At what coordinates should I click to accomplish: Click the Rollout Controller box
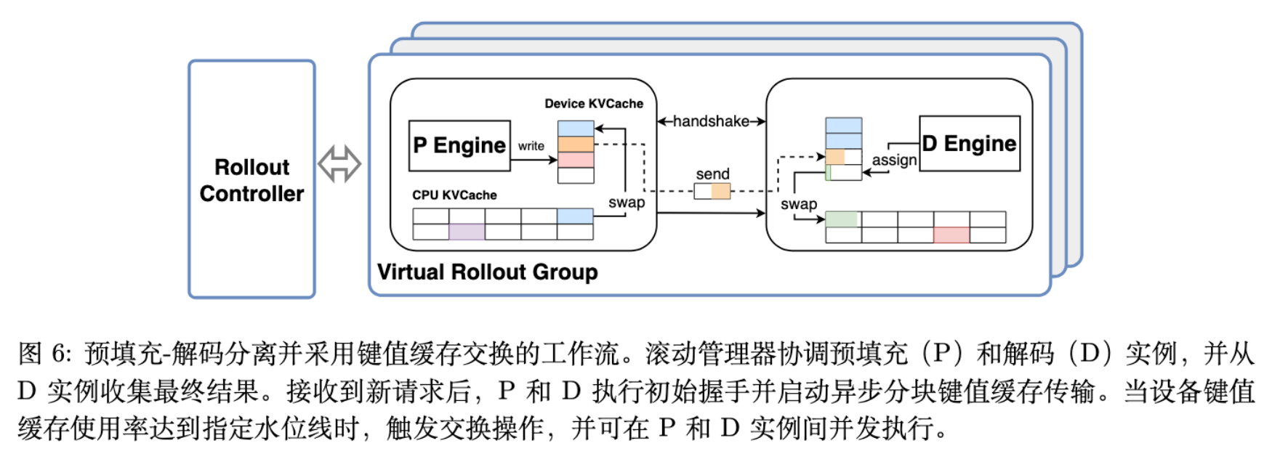tap(251, 179)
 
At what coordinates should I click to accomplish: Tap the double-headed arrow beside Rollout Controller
tap(339, 163)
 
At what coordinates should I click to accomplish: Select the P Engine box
tap(459, 146)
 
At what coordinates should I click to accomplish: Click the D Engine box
tap(970, 144)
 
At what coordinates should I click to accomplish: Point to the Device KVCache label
tap(594, 104)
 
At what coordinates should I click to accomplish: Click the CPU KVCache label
tap(454, 195)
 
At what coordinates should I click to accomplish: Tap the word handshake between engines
tap(711, 121)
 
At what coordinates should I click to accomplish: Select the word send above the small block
tap(712, 174)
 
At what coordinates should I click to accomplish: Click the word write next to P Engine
tap(531, 146)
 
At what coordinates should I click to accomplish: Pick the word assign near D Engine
tap(894, 160)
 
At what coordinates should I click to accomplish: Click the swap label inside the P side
tap(627, 203)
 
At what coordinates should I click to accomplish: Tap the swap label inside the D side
tap(798, 205)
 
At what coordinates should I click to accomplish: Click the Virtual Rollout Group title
tap(487, 272)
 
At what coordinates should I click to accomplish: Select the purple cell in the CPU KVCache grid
tap(467, 232)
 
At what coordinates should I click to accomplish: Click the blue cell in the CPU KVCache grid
tap(575, 216)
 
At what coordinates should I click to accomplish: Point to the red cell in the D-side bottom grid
tap(951, 235)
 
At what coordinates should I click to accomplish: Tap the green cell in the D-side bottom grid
tap(842, 219)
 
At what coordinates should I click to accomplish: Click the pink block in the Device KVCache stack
tap(576, 160)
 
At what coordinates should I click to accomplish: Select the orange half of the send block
tap(720, 192)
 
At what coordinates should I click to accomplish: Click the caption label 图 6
tap(44, 354)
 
